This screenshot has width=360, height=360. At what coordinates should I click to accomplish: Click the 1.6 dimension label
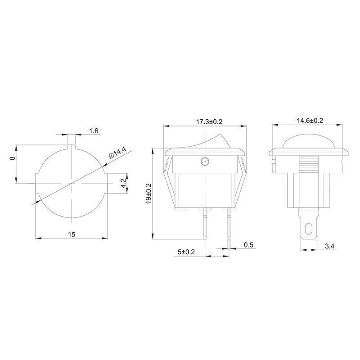pyautogui.click(x=94, y=130)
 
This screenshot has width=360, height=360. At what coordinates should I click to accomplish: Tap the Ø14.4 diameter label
pyautogui.click(x=117, y=153)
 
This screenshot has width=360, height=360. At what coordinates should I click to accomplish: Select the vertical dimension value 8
pyautogui.click(x=13, y=158)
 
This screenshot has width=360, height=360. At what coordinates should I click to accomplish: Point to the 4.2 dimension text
pyautogui.click(x=123, y=183)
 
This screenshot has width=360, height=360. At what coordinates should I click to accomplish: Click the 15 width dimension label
pyautogui.click(x=72, y=234)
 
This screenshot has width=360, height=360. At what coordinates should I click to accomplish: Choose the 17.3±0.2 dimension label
pyautogui.click(x=209, y=121)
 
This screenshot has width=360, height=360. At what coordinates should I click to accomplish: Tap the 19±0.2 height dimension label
pyautogui.click(x=148, y=193)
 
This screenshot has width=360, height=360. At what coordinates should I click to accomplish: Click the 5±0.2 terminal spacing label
pyautogui.click(x=186, y=252)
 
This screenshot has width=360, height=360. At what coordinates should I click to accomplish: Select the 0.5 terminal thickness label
pyautogui.click(x=248, y=245)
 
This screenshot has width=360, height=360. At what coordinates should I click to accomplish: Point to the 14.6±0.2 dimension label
pyautogui.click(x=310, y=121)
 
